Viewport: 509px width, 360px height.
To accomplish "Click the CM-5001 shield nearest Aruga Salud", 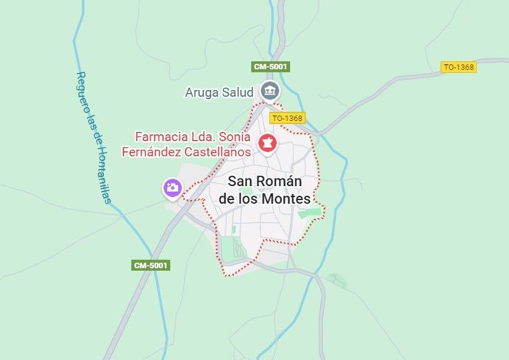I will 271,66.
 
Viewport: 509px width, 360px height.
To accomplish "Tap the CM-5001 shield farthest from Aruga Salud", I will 151,265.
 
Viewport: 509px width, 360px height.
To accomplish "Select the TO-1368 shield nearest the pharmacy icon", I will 287,118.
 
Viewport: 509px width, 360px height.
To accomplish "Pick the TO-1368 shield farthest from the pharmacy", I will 459,67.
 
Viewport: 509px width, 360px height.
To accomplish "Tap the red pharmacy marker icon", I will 267,144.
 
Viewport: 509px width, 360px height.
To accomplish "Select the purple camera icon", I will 172,188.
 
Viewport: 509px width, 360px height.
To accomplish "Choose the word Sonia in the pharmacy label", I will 233,136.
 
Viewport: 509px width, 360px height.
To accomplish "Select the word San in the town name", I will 240,181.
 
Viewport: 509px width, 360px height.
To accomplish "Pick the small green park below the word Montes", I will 311,214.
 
